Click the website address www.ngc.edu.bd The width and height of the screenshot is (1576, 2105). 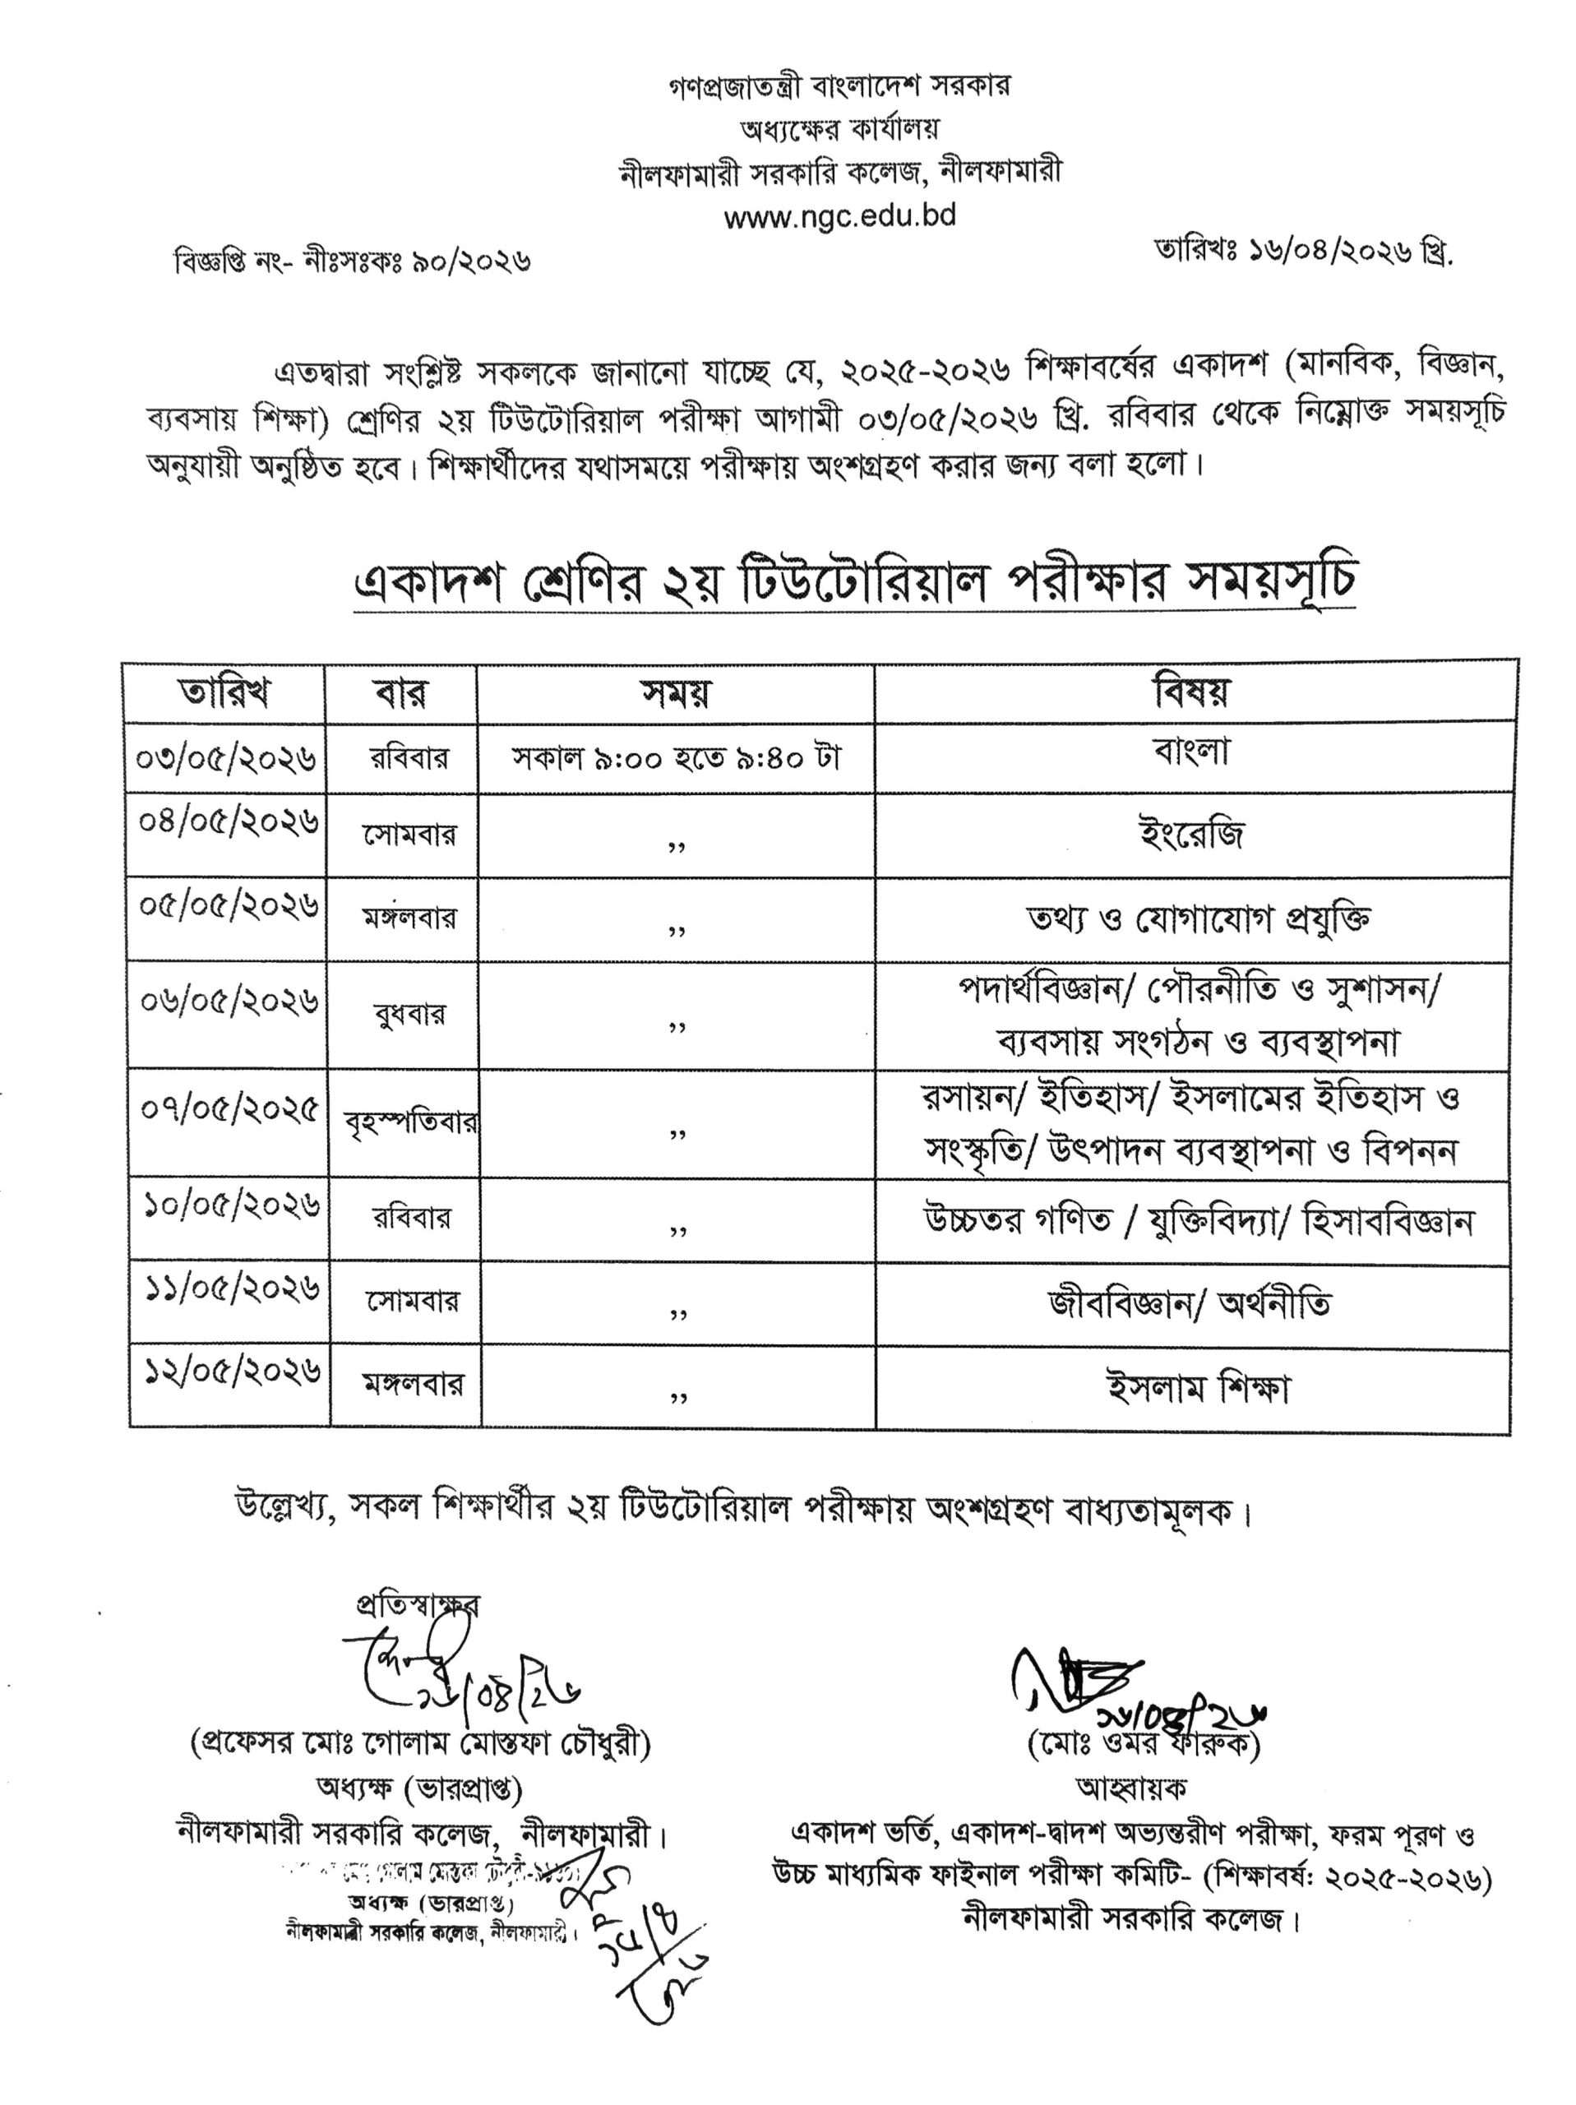pos(839,217)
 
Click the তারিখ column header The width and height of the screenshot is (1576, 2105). pos(224,693)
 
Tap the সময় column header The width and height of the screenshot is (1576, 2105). pos(675,693)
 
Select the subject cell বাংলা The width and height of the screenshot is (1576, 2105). pos(1190,752)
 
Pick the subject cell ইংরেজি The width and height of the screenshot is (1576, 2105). pos(1190,835)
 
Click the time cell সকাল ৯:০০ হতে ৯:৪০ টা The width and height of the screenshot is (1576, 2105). pos(676,757)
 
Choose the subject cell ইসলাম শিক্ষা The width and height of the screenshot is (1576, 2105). pos(1197,1390)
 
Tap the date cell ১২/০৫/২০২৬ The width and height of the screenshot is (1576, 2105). pos(231,1372)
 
